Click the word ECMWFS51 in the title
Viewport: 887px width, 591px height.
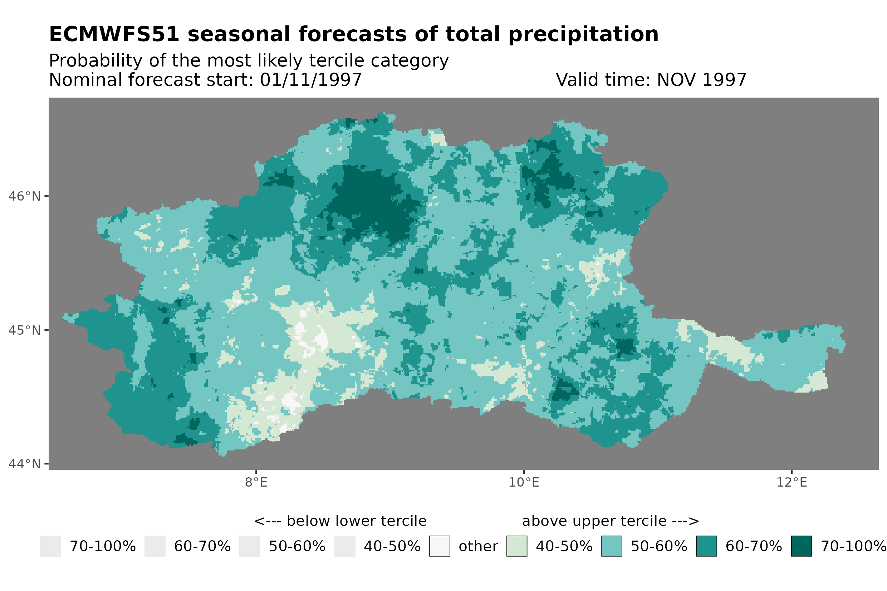[x=114, y=34]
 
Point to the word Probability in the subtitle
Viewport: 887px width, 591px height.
[x=95, y=61]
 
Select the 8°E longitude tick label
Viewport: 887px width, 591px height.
[x=256, y=482]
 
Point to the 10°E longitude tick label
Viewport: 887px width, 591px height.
[x=524, y=482]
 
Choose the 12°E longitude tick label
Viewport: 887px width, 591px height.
[x=791, y=482]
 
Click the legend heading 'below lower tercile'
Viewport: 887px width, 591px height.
[x=340, y=521]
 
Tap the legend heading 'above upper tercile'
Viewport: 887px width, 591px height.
[x=610, y=521]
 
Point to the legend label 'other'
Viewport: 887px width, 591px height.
[x=478, y=546]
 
